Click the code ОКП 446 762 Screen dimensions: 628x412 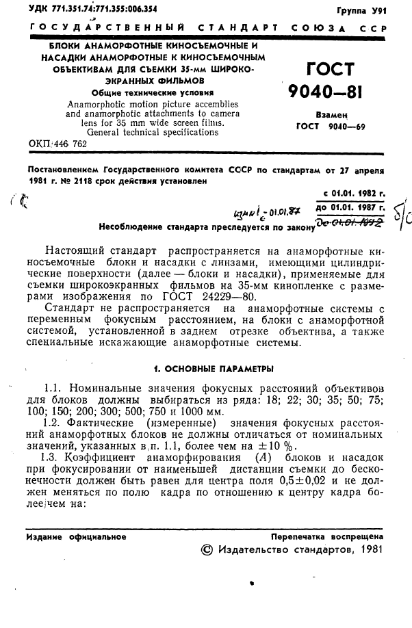(57, 144)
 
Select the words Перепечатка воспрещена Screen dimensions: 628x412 (326, 537)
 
